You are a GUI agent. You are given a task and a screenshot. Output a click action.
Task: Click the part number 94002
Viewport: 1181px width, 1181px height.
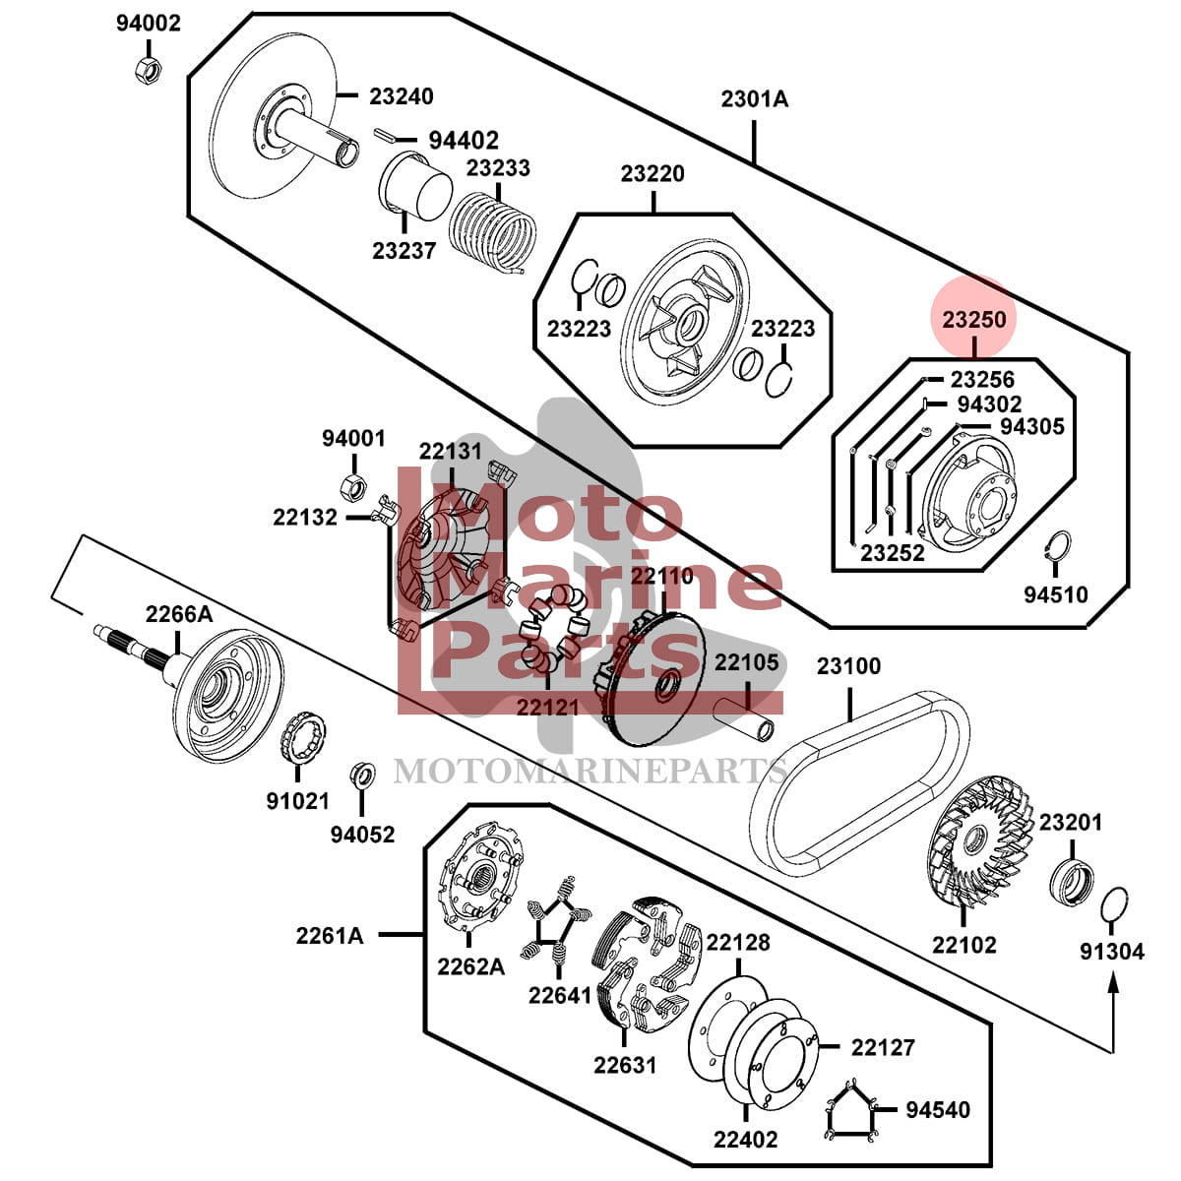pos(149,24)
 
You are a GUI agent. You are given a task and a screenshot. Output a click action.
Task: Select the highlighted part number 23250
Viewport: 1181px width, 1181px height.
pos(974,319)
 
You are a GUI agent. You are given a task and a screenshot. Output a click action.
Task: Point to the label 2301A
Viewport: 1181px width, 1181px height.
pos(754,98)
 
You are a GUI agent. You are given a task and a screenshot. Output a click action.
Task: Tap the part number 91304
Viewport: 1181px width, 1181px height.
pos(1112,952)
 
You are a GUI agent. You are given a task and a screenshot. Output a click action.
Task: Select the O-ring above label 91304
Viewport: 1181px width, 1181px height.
pos(1112,903)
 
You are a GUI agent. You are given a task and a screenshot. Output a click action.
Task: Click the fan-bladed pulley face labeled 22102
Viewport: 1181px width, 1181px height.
pos(974,846)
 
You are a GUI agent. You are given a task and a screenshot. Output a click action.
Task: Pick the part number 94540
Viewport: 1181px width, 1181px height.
pos(938,1110)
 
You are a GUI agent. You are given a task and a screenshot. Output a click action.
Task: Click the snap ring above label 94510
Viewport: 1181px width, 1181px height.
pos(1058,548)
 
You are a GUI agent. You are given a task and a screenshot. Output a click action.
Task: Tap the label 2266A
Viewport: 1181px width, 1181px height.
pos(178,614)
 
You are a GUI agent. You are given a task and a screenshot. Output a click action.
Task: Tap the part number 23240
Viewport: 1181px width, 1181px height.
pos(402,96)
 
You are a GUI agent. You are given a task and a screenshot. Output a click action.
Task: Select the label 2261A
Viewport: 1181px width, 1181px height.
pos(330,935)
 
